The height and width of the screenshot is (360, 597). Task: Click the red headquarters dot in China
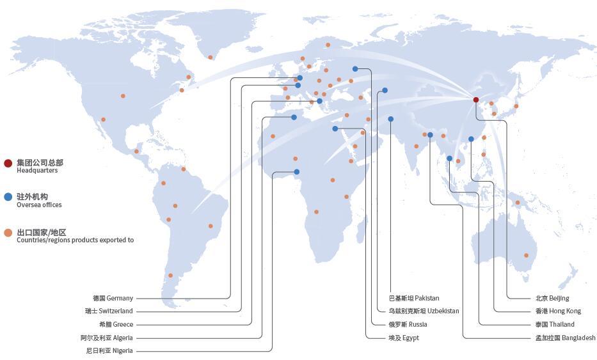(476, 100)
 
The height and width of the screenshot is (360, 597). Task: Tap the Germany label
(113, 299)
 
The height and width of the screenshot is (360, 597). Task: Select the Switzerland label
(109, 311)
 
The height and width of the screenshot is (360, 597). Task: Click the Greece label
(116, 325)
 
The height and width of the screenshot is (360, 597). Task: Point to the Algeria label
(107, 338)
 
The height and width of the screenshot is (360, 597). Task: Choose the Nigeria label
(109, 351)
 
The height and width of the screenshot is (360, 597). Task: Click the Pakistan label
(414, 299)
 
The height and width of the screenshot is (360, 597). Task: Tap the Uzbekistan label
(424, 311)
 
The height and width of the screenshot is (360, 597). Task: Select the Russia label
(408, 325)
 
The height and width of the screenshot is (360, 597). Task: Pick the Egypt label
(404, 338)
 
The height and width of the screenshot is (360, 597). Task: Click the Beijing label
(552, 299)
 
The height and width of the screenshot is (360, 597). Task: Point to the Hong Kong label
(558, 311)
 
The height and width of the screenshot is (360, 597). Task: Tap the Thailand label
(555, 325)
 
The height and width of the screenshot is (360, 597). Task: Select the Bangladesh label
(565, 338)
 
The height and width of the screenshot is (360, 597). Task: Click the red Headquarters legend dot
(8, 163)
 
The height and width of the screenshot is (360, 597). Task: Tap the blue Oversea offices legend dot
(8, 197)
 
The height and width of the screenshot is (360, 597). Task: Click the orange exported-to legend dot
(8, 233)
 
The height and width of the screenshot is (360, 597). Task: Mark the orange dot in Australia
(526, 255)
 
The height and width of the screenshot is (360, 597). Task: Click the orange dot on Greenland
(210, 58)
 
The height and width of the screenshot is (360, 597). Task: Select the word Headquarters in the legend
(37, 171)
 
